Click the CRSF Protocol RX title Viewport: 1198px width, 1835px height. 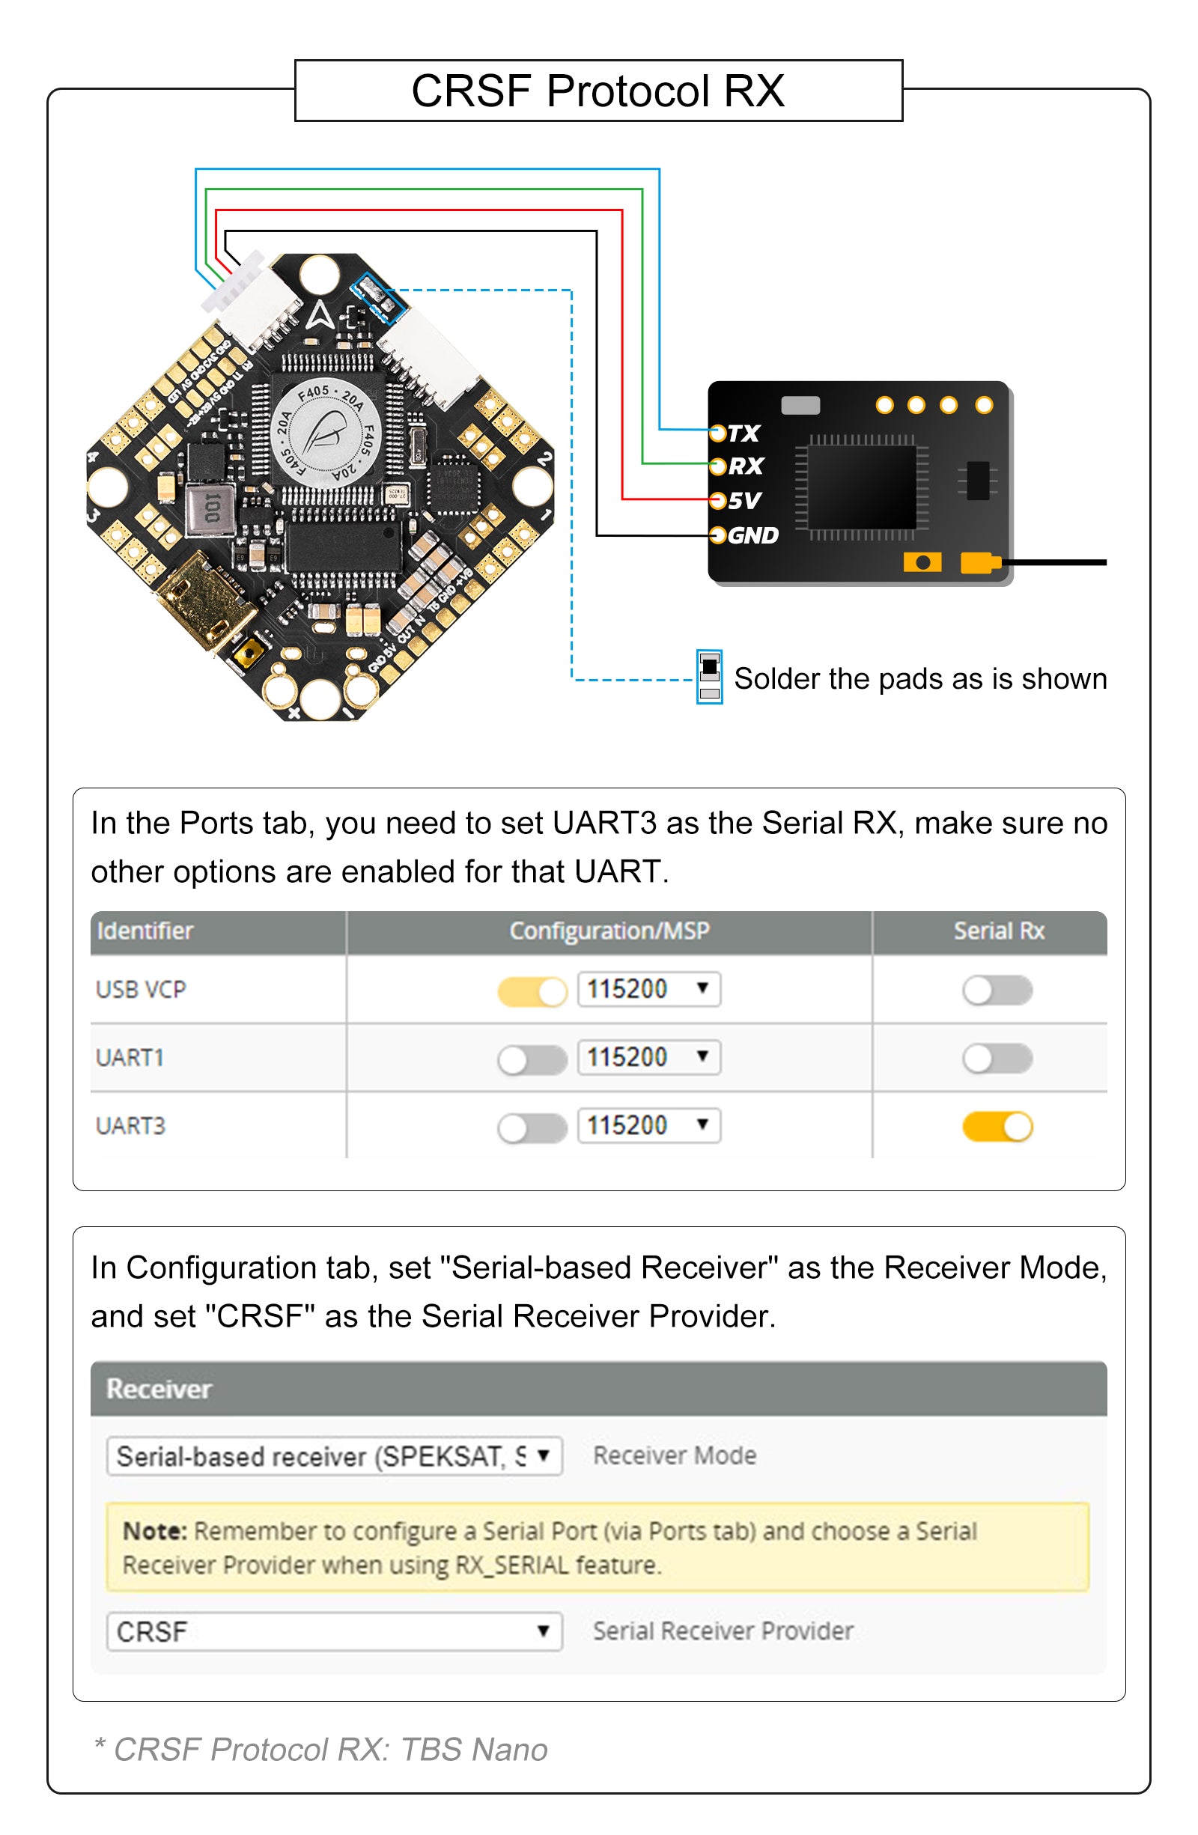(598, 91)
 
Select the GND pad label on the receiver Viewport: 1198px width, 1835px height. (752, 535)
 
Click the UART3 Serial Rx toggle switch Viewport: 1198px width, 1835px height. (997, 1127)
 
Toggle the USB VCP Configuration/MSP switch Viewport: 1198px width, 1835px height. (532, 990)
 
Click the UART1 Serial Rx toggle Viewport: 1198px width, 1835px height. (997, 1059)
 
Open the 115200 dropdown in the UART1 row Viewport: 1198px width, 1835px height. (648, 1058)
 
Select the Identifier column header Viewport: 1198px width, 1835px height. (145, 931)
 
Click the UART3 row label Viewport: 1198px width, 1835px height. (130, 1127)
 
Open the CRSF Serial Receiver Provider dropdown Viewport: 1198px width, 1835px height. (334, 1631)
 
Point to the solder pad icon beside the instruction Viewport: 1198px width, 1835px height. (709, 676)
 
